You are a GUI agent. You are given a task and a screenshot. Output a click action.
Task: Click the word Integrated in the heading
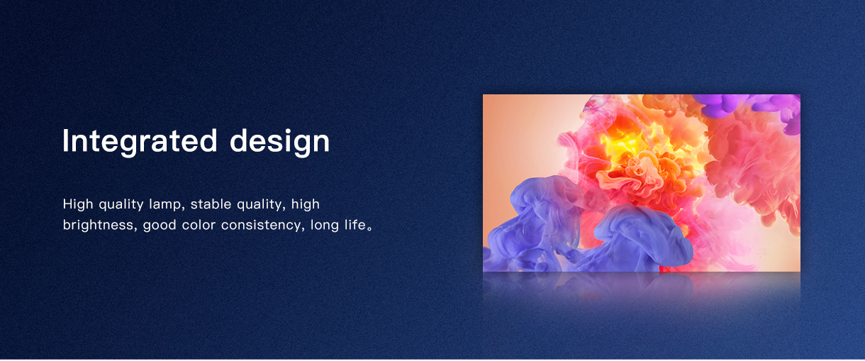pyautogui.click(x=140, y=142)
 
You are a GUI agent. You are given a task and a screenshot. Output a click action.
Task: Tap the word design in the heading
pyautogui.click(x=279, y=142)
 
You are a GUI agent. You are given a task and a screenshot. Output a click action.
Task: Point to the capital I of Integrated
pyautogui.click(x=65, y=140)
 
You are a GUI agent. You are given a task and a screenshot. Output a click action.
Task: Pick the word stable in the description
pyautogui.click(x=211, y=204)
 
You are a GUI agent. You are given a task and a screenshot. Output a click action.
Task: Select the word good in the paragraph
pyautogui.click(x=160, y=226)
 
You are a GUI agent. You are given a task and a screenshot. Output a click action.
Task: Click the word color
pyautogui.click(x=199, y=225)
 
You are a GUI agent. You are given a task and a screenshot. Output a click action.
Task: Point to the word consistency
pyautogui.click(x=262, y=226)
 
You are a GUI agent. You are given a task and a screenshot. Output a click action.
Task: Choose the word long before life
pyautogui.click(x=325, y=226)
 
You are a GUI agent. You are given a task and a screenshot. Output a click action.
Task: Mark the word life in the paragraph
pyautogui.click(x=355, y=225)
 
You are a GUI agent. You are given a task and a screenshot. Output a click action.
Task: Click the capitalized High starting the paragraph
pyautogui.click(x=78, y=205)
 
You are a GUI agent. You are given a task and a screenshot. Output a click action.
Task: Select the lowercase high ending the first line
pyautogui.click(x=305, y=205)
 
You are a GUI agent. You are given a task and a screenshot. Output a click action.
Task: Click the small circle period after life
pyautogui.click(x=369, y=228)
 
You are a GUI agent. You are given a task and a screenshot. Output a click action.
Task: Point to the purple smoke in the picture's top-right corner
pyautogui.click(x=749, y=107)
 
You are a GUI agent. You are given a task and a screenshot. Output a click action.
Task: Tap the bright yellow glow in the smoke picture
pyautogui.click(x=633, y=143)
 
